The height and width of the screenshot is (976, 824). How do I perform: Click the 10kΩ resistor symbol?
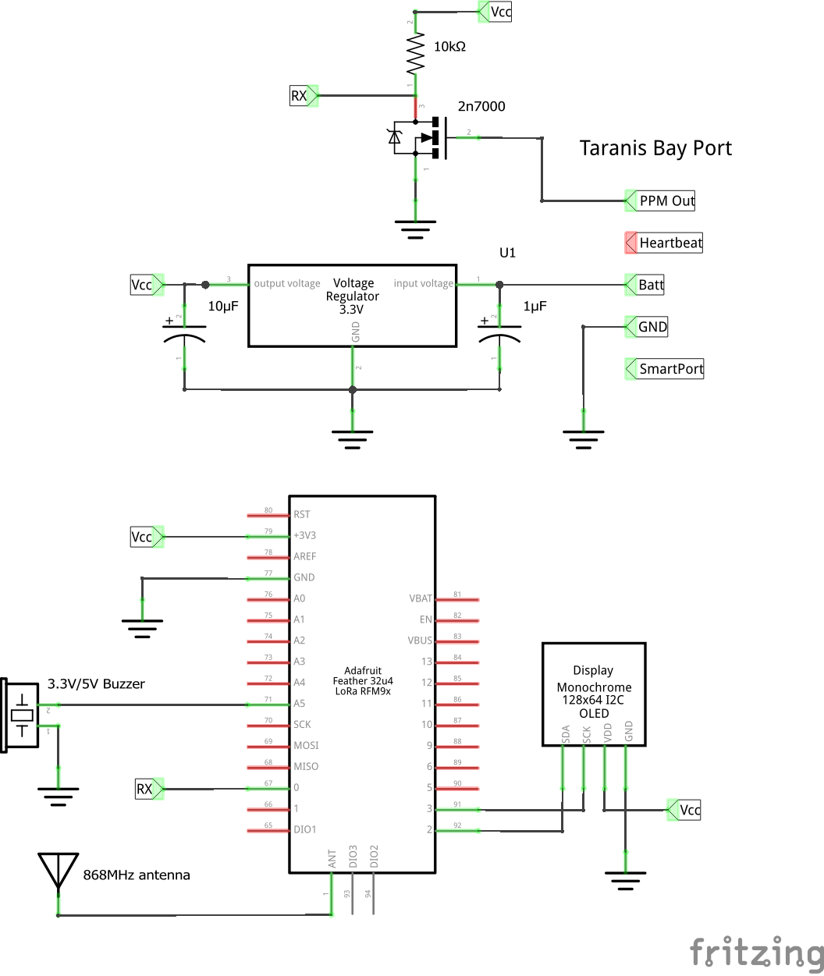point(415,54)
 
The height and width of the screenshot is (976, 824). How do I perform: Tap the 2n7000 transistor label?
point(481,106)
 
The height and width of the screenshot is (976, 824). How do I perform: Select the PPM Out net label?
point(666,201)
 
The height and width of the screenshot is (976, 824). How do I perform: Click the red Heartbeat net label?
point(669,243)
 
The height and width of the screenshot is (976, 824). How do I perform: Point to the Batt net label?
point(650,285)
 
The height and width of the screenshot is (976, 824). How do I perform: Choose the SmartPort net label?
point(670,369)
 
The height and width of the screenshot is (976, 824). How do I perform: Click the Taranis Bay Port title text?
point(655,148)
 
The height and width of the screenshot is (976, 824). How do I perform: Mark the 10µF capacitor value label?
point(222,307)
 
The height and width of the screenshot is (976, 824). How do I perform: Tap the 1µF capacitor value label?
point(535,307)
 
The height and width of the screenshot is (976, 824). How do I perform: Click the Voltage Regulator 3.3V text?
point(353,296)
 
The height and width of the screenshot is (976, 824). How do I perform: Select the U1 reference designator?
point(508,254)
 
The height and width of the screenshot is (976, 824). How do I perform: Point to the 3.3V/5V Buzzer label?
point(96,683)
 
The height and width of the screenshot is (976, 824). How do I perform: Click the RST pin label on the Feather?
point(301,515)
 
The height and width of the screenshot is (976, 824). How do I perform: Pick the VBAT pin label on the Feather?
point(420,599)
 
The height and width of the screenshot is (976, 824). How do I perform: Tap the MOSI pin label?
point(305,746)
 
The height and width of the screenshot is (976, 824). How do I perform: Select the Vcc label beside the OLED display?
point(688,810)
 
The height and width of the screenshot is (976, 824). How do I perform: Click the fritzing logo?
point(755,952)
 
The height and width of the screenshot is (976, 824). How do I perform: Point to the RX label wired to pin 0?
point(145,789)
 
